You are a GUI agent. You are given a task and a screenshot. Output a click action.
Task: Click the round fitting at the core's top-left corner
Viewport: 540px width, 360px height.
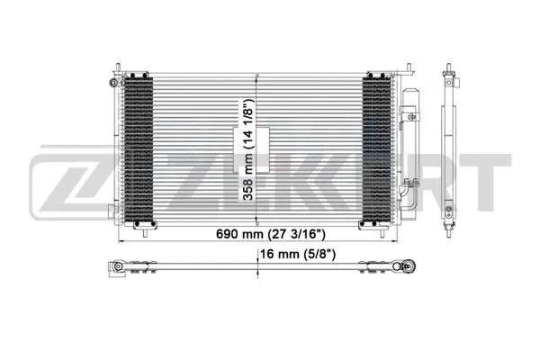point(112,83)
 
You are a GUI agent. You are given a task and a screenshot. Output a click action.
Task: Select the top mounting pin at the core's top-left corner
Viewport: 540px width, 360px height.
point(116,68)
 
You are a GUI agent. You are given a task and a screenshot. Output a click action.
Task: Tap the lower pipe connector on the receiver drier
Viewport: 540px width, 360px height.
point(408,187)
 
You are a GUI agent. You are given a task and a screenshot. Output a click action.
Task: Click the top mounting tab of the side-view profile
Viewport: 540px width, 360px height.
point(447,71)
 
